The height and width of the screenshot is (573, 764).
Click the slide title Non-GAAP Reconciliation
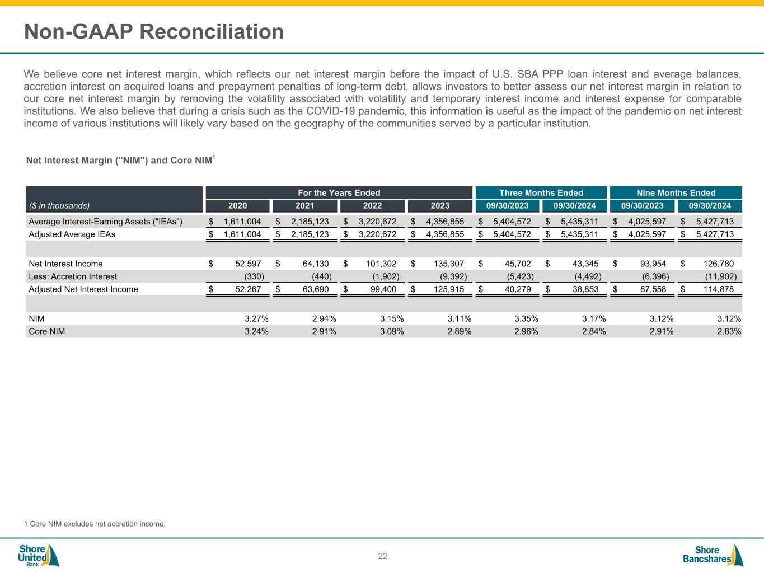coord(154,32)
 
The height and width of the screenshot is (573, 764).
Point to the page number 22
coord(382,556)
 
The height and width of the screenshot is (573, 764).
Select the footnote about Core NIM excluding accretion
coord(95,524)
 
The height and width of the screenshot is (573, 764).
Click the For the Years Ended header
coord(339,192)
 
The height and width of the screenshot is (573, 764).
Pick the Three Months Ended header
coord(541,192)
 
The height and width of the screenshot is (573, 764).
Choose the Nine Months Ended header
coord(676,192)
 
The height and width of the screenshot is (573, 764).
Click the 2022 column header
coord(372,205)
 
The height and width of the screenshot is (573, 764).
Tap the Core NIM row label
coord(47,331)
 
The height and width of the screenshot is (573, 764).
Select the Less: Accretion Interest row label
coord(73,276)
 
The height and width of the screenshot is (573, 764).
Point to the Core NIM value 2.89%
coord(459,331)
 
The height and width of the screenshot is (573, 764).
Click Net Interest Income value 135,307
coord(445,264)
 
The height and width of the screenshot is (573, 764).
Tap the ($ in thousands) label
coord(59,205)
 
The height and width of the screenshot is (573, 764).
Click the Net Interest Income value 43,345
coord(582,264)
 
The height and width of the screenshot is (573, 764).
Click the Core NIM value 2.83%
coord(729,331)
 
